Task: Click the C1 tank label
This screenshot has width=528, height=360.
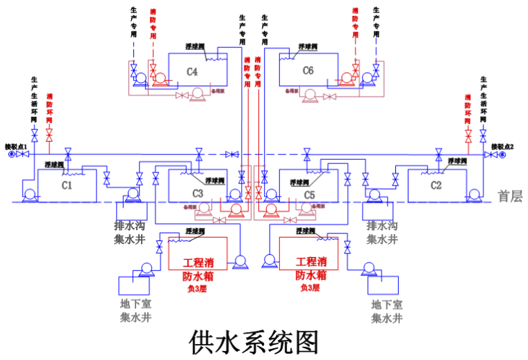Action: (x=67, y=186)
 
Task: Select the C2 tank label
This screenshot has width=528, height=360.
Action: (x=436, y=186)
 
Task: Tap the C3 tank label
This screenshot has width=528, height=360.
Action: (x=197, y=193)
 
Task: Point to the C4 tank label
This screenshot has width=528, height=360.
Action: (x=192, y=72)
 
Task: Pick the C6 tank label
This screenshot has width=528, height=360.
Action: (x=308, y=71)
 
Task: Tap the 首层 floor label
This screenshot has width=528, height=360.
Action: (x=509, y=197)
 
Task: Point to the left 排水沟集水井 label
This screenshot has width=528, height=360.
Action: (x=130, y=233)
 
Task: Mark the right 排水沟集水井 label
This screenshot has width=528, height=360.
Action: (x=383, y=233)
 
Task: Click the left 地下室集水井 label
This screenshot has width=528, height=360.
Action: (x=136, y=311)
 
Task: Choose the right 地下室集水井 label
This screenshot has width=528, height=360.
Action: (x=387, y=311)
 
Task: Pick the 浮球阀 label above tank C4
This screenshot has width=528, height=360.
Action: (x=195, y=47)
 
